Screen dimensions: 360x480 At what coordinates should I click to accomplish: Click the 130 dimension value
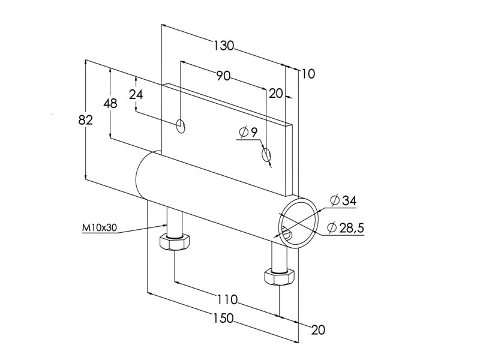coord(223,45)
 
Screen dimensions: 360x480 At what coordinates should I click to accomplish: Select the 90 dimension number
coord(223,76)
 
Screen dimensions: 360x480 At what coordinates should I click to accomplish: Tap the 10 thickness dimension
coord(308,74)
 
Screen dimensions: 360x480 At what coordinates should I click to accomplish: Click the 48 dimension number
coord(110,103)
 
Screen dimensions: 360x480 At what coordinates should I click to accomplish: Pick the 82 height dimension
coord(86,120)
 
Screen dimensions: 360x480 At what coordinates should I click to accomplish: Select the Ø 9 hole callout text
coord(248,132)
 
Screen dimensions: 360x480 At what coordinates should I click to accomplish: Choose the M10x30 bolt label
coord(98,228)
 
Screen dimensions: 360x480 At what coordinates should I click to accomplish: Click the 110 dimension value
coord(227,299)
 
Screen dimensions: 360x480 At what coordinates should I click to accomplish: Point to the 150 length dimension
coord(223,319)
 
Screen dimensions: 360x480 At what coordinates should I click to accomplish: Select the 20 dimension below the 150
coord(318,329)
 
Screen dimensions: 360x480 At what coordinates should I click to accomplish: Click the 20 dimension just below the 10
coord(275,93)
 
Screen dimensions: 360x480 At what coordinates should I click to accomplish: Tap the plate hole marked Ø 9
coord(266,155)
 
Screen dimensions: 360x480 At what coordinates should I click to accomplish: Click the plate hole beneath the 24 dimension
coord(181,126)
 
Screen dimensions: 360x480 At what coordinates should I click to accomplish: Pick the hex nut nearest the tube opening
coord(278,277)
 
